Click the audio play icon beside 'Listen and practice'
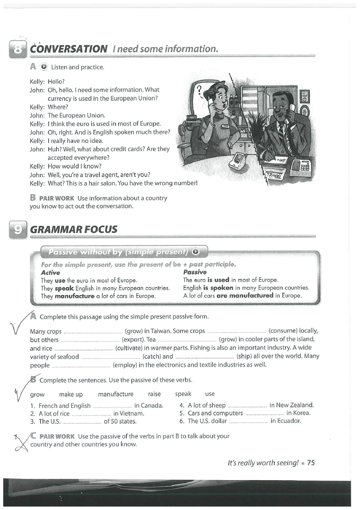44,67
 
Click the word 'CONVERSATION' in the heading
69,49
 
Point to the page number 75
311,463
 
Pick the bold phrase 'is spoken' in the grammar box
218,288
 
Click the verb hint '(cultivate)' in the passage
129,348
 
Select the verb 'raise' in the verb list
154,394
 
